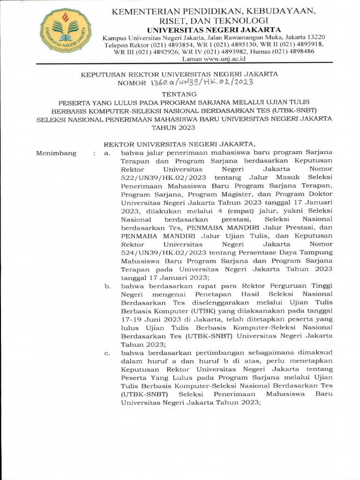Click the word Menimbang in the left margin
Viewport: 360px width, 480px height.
(x=55, y=153)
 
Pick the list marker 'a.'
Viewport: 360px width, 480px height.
(x=107, y=153)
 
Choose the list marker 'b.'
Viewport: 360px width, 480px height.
(x=107, y=285)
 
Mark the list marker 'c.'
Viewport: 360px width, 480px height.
(x=107, y=352)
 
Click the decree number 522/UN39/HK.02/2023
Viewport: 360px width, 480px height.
(x=161, y=178)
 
